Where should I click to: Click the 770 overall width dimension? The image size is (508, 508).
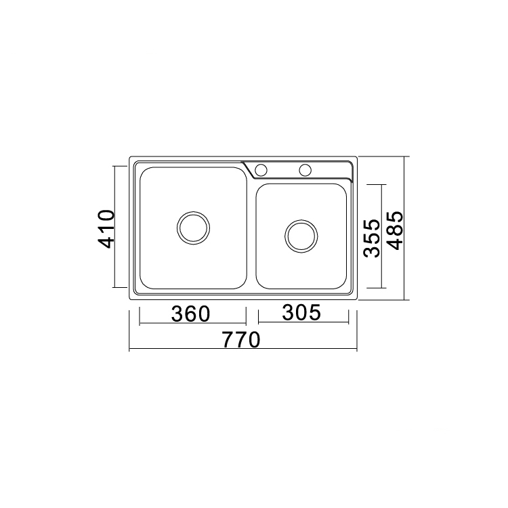[x=241, y=339]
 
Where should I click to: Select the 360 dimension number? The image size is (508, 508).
[x=191, y=314]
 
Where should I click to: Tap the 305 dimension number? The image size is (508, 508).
[x=301, y=312]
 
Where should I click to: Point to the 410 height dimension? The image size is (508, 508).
[x=106, y=229]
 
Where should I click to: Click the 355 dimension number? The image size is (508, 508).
[x=371, y=238]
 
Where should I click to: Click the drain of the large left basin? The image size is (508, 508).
[x=194, y=228]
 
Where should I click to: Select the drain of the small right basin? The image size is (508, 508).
[x=301, y=236]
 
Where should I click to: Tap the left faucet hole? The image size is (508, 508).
[x=261, y=170]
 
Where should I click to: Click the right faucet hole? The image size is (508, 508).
[x=305, y=170]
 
